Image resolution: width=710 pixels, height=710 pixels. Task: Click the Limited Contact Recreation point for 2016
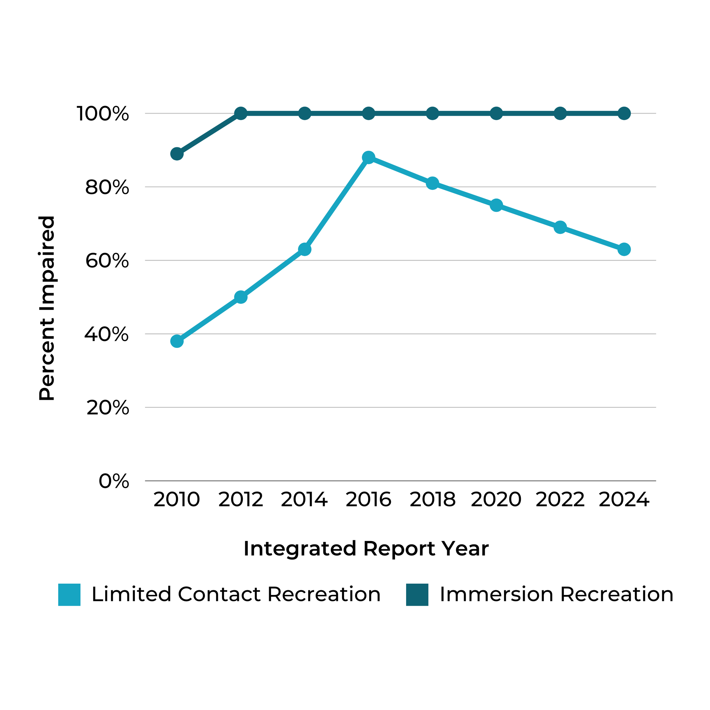coord(368,158)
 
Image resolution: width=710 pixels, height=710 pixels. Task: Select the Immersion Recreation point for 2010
coord(177,154)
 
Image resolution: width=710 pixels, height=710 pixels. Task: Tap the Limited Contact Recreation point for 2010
coord(177,341)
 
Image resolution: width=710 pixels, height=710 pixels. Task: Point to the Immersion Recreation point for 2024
coord(624,114)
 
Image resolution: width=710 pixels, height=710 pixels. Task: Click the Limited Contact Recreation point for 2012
coord(241,297)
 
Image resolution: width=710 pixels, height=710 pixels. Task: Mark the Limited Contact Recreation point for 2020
coord(496,205)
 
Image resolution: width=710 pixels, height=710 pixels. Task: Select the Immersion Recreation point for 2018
coord(433,114)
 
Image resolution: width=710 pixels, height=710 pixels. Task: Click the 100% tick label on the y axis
coord(103,114)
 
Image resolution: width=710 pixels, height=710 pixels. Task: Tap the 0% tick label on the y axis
coord(114,481)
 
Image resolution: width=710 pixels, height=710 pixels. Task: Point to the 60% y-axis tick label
coord(107,261)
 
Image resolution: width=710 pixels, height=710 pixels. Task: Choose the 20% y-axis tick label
coord(108,408)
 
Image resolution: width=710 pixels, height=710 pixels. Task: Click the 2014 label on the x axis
coord(304,500)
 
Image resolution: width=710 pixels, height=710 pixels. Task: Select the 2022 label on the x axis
coord(560,500)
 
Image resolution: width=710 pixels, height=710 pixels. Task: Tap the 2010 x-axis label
coord(177,500)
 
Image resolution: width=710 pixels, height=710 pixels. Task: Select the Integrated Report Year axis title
coord(366,549)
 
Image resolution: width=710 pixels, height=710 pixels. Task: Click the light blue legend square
coord(69,595)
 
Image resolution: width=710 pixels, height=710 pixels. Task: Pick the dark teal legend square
coord(417,595)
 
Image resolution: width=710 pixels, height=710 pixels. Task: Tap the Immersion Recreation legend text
coord(556,595)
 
